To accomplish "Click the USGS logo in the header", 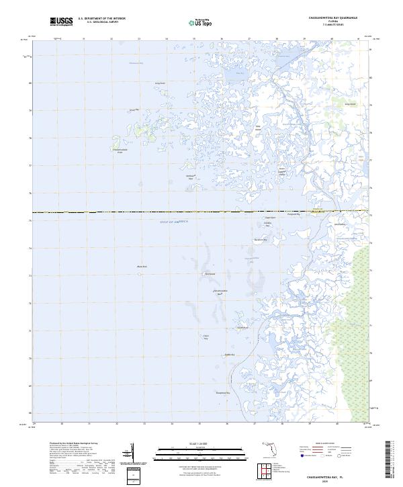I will pyautogui.click(x=61, y=21).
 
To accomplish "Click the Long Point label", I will pyautogui.click(x=160, y=84).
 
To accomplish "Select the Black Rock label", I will pyautogui.click(x=142, y=267).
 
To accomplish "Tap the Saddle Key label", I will pyautogui.click(x=228, y=354).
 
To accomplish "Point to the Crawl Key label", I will pyautogui.click(x=206, y=337).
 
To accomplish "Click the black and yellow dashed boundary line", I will pyautogui.click(x=134, y=213).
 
